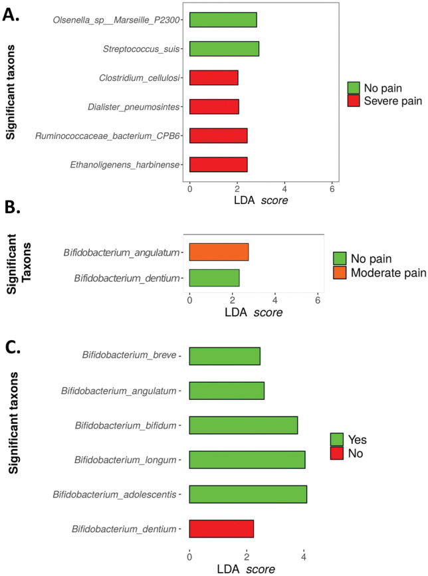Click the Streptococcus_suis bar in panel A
[224, 48]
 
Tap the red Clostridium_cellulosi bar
[213, 77]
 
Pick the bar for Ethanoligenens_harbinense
[218, 164]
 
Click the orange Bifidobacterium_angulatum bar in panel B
[219, 252]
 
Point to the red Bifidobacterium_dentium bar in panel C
[221, 529]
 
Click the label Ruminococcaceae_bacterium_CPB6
[109, 136]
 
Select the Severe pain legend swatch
[354, 100]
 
